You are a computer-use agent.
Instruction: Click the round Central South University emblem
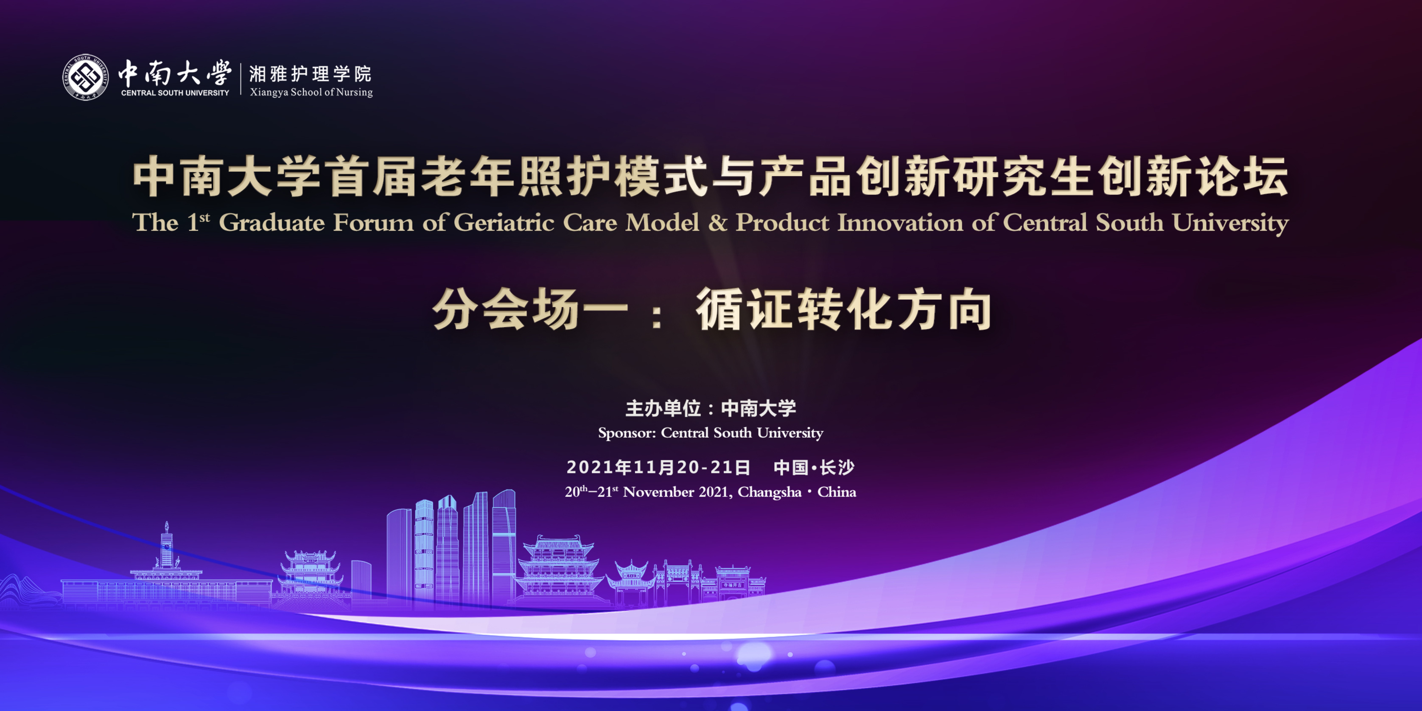[x=85, y=77]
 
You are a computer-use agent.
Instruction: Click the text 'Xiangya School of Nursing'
[x=311, y=92]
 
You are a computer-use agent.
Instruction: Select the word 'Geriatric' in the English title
[x=504, y=222]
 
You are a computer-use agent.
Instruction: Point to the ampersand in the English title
[x=718, y=222]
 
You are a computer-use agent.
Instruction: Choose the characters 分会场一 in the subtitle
[x=530, y=310]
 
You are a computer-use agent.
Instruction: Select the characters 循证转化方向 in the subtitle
[x=844, y=310]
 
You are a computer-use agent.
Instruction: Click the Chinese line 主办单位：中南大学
[x=710, y=408]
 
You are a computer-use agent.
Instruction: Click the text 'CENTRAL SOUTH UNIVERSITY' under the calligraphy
[x=175, y=93]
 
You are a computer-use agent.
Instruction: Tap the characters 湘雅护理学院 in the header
[x=310, y=73]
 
